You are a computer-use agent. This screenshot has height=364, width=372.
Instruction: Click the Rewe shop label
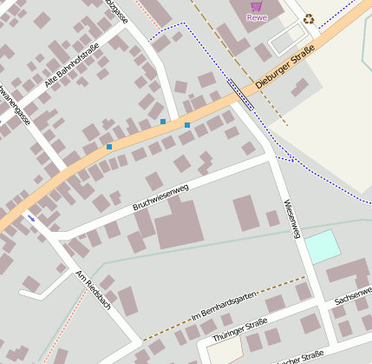256,17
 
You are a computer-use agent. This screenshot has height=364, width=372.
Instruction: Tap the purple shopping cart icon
256,5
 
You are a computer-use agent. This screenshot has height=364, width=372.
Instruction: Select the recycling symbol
309,17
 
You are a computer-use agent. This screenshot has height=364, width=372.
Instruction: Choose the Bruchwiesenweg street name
160,197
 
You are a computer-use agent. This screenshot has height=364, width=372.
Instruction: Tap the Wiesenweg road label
291,218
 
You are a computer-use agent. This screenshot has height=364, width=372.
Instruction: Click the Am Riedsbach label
93,289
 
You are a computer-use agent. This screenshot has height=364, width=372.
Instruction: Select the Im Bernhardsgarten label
221,309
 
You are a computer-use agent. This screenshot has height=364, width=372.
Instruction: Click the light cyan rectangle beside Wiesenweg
323,247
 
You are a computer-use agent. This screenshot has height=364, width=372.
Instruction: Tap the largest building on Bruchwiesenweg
177,222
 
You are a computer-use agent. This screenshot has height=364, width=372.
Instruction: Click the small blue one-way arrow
32,217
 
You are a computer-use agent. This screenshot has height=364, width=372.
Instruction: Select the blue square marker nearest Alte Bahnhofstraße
109,147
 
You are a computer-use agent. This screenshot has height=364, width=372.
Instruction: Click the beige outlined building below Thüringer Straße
225,353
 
